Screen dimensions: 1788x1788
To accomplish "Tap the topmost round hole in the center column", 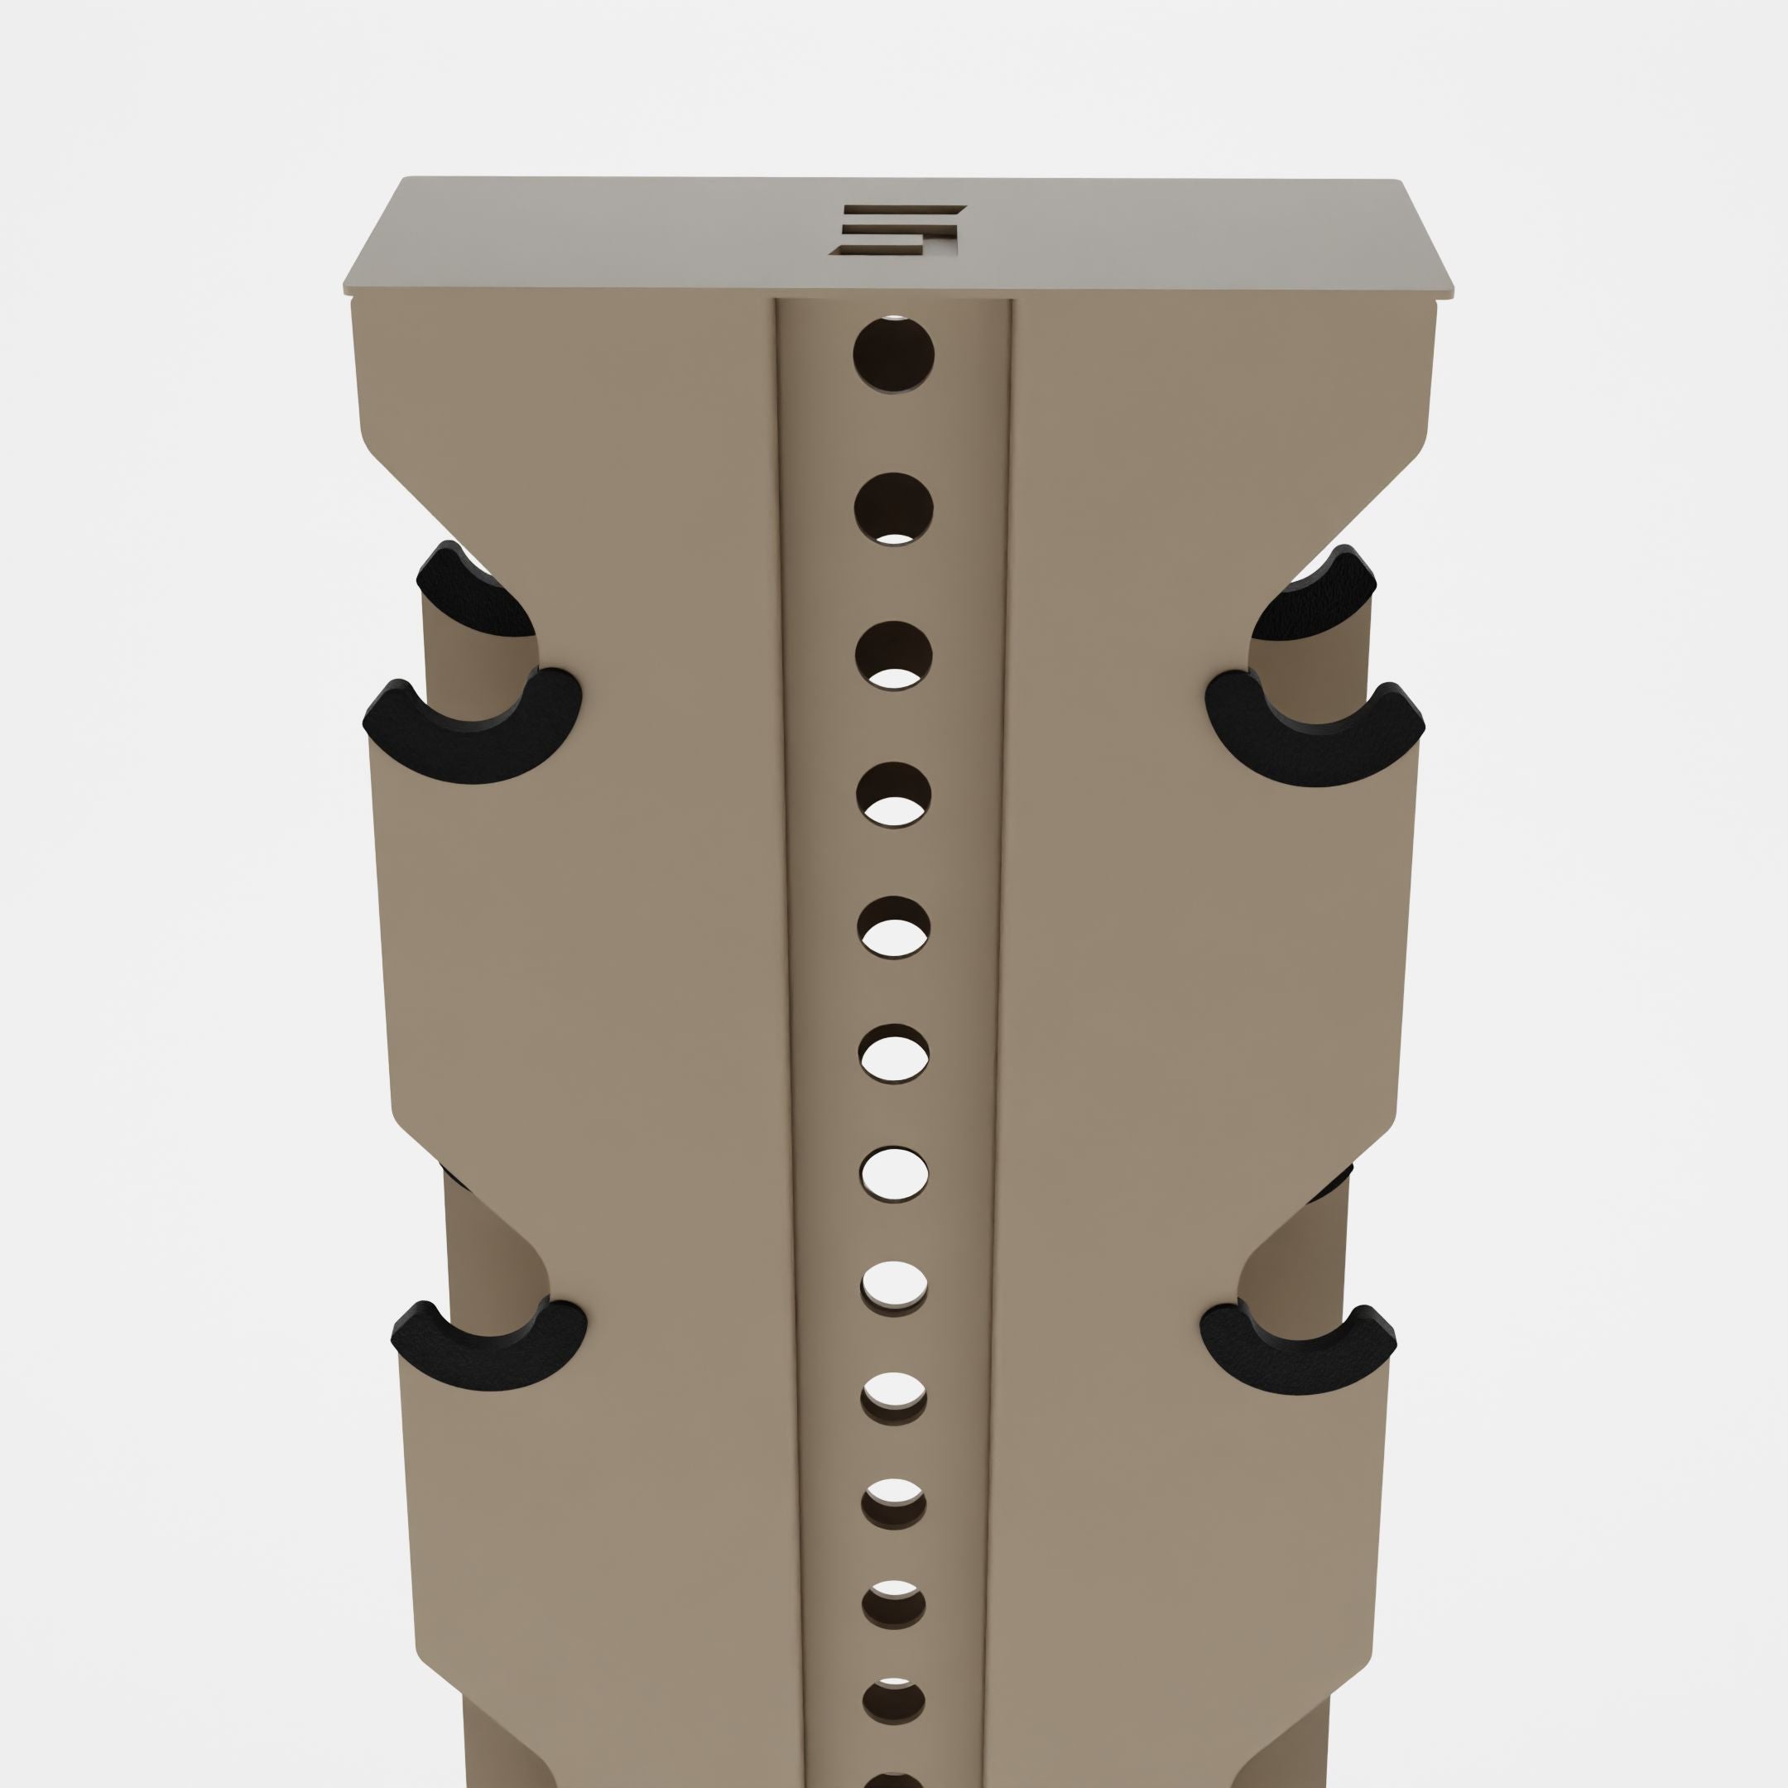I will click(893, 355).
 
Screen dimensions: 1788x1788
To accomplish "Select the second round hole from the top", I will click(893, 508).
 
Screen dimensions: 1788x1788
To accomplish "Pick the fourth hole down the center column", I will click(894, 794).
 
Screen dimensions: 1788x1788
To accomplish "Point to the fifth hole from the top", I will click(894, 927).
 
